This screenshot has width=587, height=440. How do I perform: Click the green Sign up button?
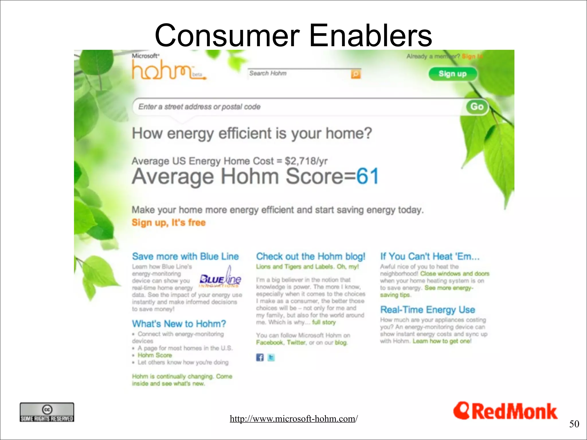coord(452,74)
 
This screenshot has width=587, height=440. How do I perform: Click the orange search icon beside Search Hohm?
coord(355,74)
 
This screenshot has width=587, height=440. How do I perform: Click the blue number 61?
coord(367,176)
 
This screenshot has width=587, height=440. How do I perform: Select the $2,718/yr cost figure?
coord(306,161)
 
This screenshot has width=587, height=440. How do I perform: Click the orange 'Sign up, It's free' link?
coord(169,223)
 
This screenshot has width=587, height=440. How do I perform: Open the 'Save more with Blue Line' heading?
coord(185,256)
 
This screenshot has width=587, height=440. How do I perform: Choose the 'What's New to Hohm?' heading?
coord(179,324)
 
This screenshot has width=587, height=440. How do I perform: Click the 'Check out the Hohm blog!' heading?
coord(310,256)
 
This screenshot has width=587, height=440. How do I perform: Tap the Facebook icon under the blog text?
coord(260,357)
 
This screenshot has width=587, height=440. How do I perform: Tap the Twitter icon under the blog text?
coord(271,357)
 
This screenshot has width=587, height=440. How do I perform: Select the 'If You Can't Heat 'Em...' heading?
coord(429,256)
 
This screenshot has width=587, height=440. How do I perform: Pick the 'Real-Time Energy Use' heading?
coord(427,310)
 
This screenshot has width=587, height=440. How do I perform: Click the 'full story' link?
coord(324,322)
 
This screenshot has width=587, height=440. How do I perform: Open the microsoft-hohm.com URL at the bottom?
coord(293,419)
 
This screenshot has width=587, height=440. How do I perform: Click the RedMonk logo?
coord(505,411)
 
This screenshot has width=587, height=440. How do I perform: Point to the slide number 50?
coord(574,424)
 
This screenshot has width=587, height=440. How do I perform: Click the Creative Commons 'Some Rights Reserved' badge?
coord(47,412)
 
